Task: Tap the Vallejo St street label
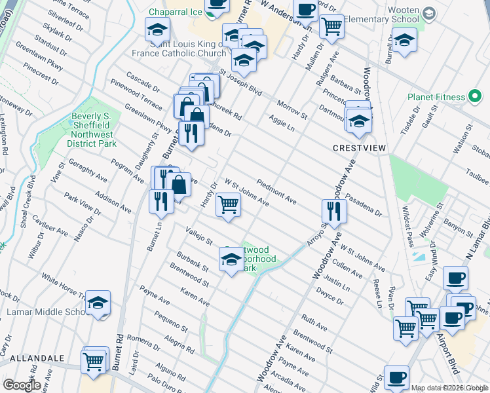200,235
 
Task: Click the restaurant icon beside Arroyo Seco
334,212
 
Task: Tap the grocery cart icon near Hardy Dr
228,204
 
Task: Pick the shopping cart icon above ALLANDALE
94,360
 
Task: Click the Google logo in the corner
21,384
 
